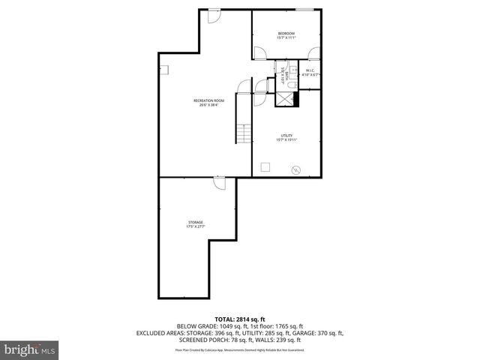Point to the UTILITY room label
tap(286, 136)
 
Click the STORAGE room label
tap(195, 223)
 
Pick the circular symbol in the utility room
tap(296, 169)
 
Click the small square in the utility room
tap(265, 166)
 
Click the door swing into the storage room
tap(219, 184)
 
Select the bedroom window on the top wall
tap(304, 10)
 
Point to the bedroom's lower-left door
tap(259, 53)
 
